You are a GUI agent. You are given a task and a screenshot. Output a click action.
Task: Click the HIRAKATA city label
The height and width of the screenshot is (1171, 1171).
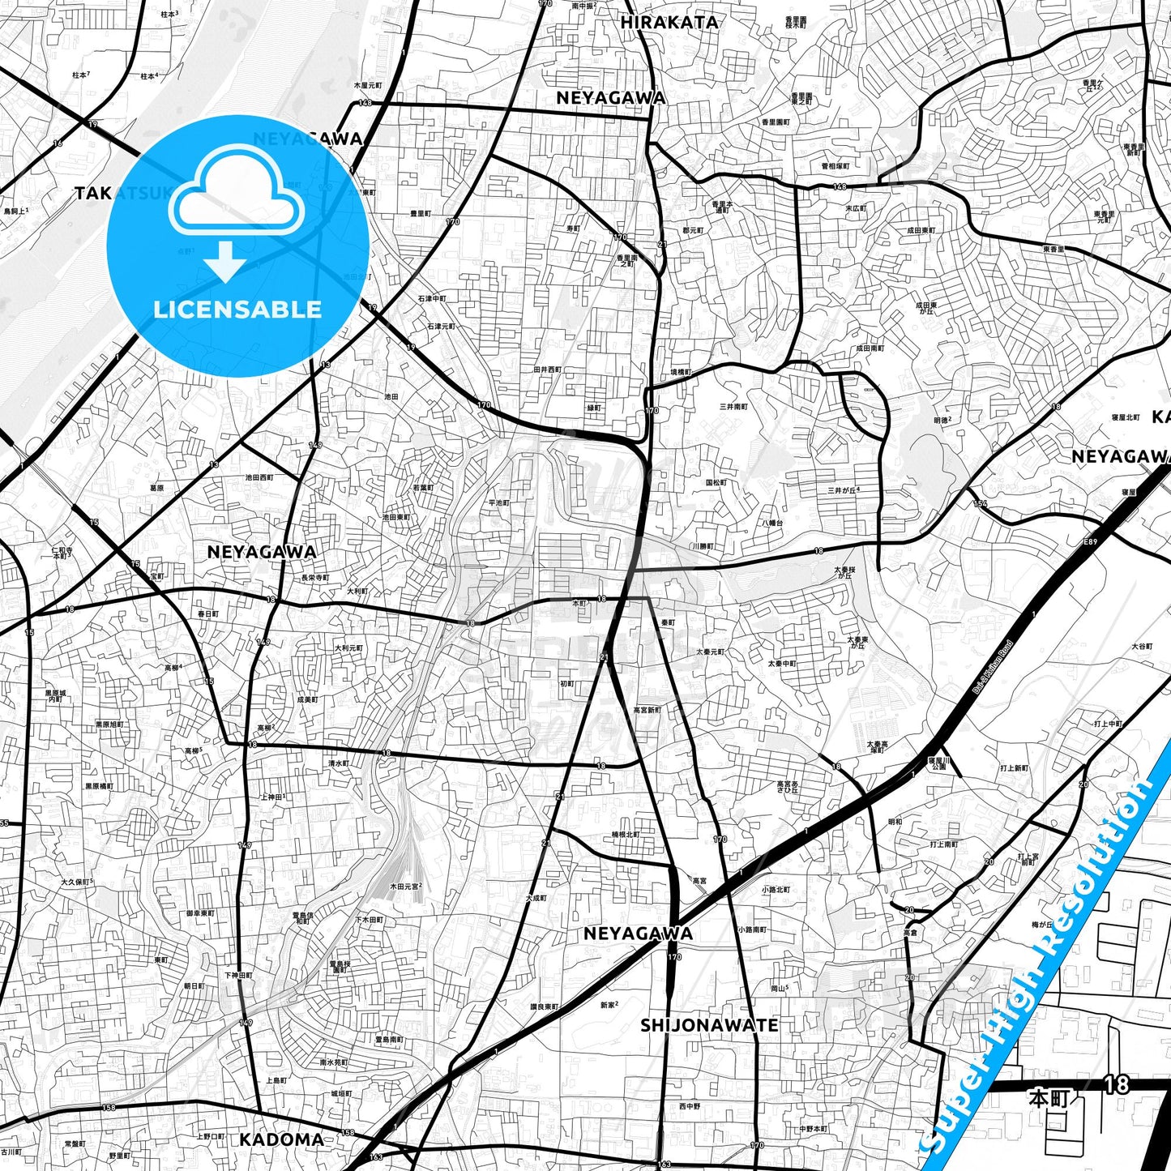(669, 23)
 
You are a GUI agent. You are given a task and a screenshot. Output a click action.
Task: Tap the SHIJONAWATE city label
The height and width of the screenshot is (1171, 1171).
(709, 1025)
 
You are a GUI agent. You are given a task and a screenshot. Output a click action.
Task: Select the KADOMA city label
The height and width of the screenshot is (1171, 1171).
(281, 1139)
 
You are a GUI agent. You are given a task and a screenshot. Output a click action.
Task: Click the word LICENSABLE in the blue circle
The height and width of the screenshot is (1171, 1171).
(237, 309)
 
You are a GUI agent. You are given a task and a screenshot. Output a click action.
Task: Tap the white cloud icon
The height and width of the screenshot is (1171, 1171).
(236, 193)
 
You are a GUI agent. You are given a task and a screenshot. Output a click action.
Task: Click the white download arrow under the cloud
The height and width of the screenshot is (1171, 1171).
(225, 260)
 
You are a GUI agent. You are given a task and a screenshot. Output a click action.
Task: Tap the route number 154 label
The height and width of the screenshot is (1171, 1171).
(981, 504)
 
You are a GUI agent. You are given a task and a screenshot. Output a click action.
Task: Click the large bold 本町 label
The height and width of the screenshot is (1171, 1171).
(1049, 1099)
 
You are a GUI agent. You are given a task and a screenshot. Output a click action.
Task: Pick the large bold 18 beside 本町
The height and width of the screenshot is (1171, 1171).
(1116, 1084)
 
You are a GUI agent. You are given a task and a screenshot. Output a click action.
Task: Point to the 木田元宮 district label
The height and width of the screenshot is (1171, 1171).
(405, 887)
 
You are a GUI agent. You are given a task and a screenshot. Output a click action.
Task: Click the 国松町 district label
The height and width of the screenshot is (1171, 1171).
(716, 482)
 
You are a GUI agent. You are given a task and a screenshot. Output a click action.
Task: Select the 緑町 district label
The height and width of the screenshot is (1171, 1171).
(594, 408)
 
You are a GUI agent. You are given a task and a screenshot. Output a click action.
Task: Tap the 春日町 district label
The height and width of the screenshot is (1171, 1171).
(207, 614)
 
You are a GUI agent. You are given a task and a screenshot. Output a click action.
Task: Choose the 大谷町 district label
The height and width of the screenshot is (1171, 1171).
(1141, 647)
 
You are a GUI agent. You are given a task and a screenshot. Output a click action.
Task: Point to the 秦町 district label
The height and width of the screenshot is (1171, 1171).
(668, 622)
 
